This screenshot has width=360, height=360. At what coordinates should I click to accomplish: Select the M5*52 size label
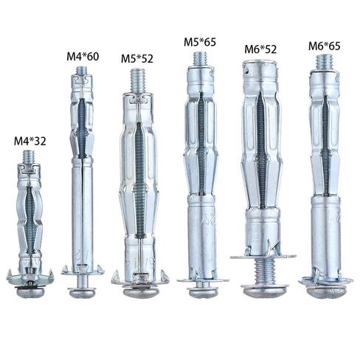click(137, 58)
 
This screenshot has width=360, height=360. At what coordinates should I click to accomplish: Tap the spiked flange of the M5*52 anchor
click(138, 279)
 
